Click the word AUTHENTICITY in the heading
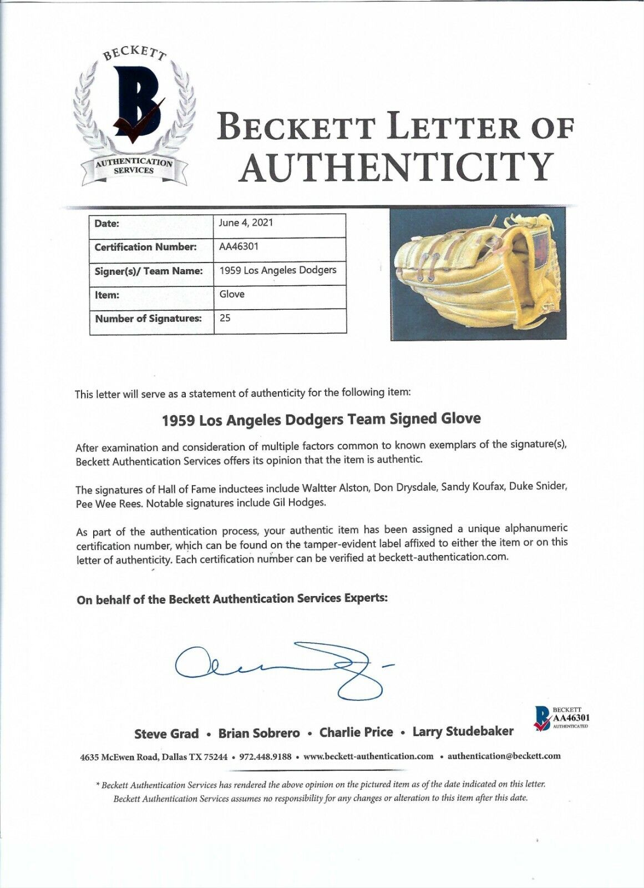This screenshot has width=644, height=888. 396,167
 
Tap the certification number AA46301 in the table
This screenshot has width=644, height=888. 239,246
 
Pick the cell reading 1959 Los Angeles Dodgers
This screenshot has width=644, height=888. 278,270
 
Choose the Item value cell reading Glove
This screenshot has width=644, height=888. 232,294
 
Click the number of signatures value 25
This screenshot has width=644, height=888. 225,318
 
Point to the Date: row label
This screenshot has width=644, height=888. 107,224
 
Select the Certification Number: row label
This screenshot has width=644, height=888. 145,247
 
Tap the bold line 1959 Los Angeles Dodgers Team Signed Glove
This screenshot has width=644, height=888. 321,419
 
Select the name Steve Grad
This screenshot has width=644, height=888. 166,734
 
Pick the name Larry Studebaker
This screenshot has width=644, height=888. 463,731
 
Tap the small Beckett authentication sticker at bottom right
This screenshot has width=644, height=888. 561,718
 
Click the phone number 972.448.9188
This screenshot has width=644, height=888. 265,756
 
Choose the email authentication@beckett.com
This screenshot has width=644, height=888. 504,756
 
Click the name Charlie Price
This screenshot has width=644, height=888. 356,733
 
